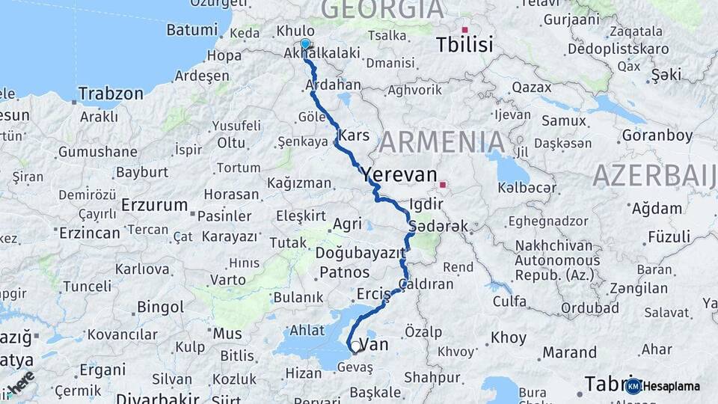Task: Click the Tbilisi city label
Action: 464,45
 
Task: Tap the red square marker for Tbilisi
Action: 464,30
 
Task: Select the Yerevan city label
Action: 399,175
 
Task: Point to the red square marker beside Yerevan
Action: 443,184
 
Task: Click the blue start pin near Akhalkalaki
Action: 305,45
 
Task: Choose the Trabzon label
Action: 111,94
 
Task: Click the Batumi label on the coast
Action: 191,30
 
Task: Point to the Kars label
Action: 354,135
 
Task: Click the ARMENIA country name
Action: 441,141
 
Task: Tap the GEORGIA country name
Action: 382,9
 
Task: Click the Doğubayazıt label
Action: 360,253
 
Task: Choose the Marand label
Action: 570,352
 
